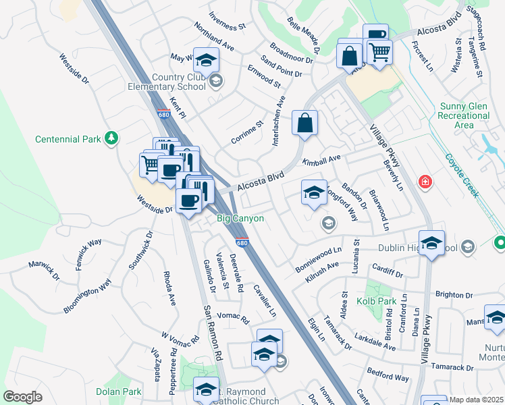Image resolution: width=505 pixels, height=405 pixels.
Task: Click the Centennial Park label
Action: coord(67,140)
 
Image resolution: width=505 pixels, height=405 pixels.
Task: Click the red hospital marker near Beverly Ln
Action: coord(425,182)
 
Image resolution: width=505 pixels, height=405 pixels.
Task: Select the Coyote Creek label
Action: coord(462,175)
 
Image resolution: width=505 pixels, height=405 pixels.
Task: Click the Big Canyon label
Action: coord(240,219)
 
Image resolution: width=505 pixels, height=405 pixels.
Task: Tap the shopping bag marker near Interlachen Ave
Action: coord(305,124)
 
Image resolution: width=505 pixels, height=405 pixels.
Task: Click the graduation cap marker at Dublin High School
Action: coord(431,244)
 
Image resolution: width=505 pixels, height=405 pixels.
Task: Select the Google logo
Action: coord(22,396)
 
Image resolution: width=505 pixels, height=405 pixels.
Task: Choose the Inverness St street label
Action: coord(227,22)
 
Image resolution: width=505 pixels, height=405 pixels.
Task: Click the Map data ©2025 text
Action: coord(477,400)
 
